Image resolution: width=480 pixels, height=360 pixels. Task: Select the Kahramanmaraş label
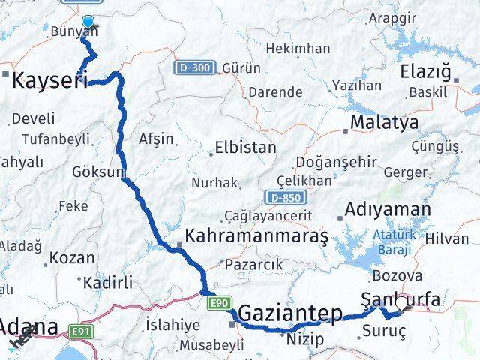pyautogui.click(x=256, y=236)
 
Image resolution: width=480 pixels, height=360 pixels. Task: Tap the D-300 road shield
pyautogui.click(x=196, y=67)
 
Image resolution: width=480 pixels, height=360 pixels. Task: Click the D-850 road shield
pyautogui.click(x=280, y=196)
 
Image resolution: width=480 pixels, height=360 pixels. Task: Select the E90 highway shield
pyautogui.click(x=218, y=302)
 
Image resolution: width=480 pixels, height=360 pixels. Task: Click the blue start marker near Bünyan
pyautogui.click(x=88, y=22)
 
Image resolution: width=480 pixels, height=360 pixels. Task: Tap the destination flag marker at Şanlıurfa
pyautogui.click(x=406, y=302)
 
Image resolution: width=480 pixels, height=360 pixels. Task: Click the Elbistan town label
pyautogui.click(x=245, y=148)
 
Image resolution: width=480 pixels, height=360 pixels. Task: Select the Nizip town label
pyautogui.click(x=306, y=339)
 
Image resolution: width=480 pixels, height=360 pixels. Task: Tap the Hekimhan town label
pyautogui.click(x=298, y=49)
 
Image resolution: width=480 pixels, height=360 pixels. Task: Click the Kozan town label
pyautogui.click(x=72, y=258)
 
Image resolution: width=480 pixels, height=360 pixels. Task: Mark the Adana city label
pyautogui.click(x=28, y=327)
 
